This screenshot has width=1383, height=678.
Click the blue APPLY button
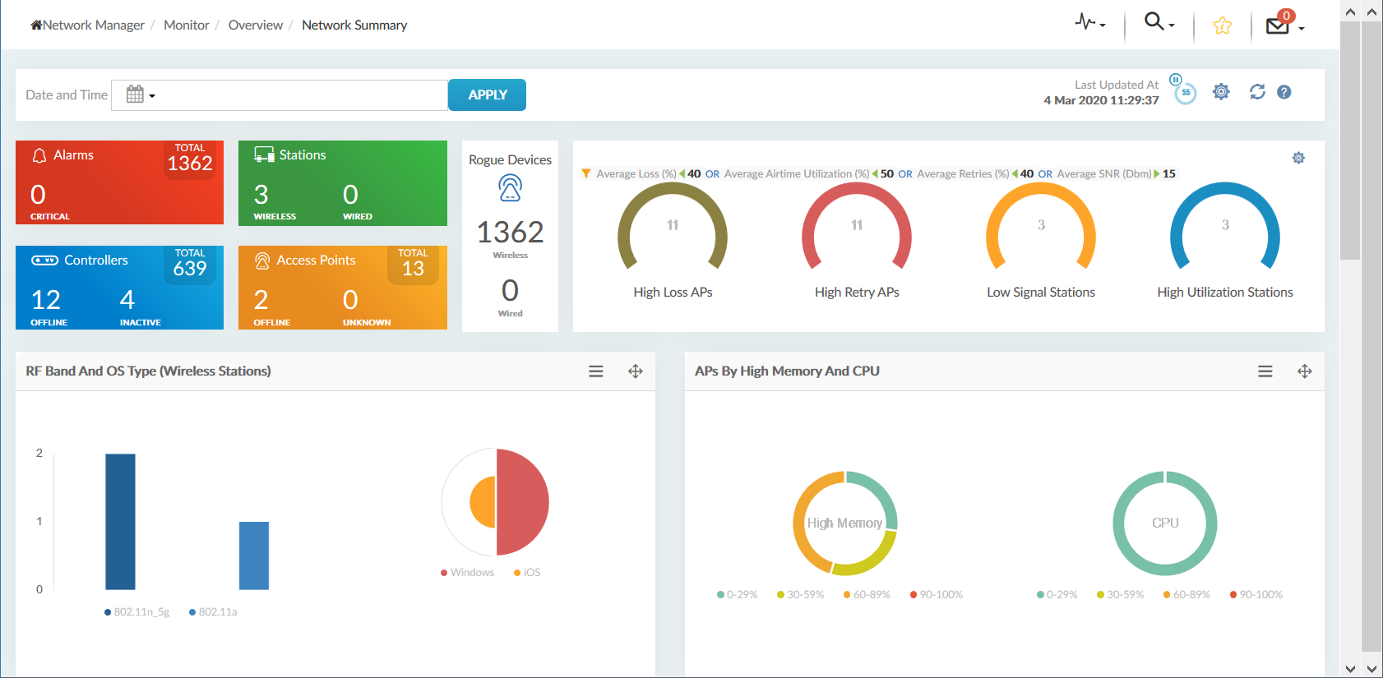click(487, 95)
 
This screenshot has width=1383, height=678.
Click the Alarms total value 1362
click(190, 164)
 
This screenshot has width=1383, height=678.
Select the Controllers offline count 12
click(46, 300)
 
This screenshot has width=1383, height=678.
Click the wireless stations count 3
click(261, 195)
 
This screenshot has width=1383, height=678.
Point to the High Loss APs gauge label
click(673, 292)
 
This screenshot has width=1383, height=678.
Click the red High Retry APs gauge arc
click(857, 191)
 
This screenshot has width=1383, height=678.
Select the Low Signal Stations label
click(1040, 292)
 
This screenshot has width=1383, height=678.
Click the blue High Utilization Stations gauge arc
click(1225, 191)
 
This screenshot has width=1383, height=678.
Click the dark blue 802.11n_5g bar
click(120, 521)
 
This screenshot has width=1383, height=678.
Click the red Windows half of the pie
click(523, 501)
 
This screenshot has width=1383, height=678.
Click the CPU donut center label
click(1164, 523)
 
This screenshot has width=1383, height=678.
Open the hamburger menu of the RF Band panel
click(596, 371)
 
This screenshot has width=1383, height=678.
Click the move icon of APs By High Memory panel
click(1304, 371)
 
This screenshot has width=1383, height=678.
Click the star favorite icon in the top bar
click(1222, 25)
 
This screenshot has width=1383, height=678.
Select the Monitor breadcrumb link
click(186, 25)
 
